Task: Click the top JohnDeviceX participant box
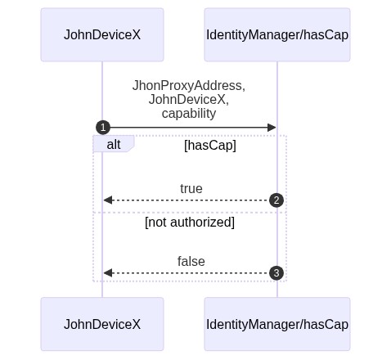tap(102, 34)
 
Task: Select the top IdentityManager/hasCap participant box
tap(277, 34)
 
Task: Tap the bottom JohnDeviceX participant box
tap(102, 324)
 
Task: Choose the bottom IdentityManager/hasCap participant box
tap(277, 324)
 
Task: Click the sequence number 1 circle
tap(103, 128)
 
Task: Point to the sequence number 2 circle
tap(276, 200)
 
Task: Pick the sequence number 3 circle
tap(276, 273)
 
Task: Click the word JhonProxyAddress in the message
tap(187, 86)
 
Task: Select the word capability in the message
tap(189, 114)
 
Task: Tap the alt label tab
tap(114, 144)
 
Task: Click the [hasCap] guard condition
tap(210, 145)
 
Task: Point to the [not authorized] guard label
tap(190, 222)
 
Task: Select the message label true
tap(191, 189)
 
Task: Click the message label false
tap(191, 261)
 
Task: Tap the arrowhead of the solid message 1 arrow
tap(272, 128)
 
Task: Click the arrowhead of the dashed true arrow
tap(108, 200)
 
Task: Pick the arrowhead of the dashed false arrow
tap(108, 273)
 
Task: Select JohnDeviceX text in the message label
tap(187, 100)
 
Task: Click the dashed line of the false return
tap(191, 273)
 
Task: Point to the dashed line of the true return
tap(191, 200)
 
